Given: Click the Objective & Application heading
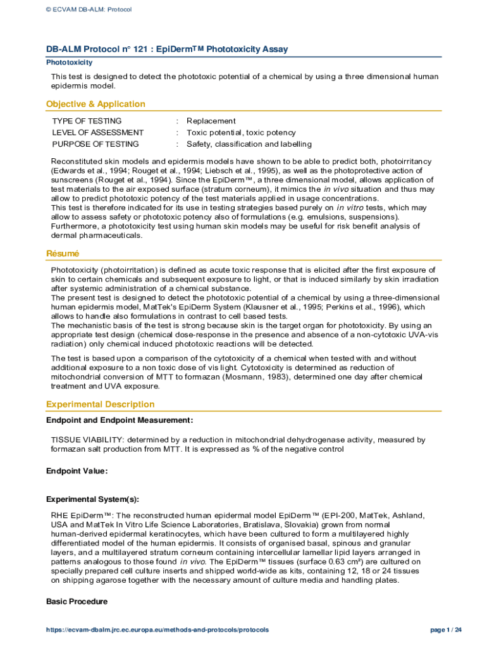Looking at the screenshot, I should [x=96, y=104].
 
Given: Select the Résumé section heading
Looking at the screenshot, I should [x=63, y=253].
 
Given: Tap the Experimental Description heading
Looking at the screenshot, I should [x=100, y=404].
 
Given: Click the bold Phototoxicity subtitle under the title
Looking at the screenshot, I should [x=70, y=63].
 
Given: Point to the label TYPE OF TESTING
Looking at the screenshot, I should [x=87, y=121].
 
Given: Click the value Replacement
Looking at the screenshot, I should [x=211, y=121].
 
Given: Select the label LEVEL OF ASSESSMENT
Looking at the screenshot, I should [x=97, y=132].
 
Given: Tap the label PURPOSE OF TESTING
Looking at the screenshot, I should [x=96, y=144].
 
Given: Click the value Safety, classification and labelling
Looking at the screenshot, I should [x=249, y=144].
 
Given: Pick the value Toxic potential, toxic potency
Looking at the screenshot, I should [x=241, y=132].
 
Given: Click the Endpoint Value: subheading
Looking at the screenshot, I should [x=77, y=471].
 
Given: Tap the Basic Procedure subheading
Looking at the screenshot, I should [x=77, y=602].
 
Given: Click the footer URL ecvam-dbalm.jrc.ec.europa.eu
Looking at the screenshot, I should [x=157, y=630].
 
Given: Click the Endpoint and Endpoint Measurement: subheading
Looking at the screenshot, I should [x=120, y=420].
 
